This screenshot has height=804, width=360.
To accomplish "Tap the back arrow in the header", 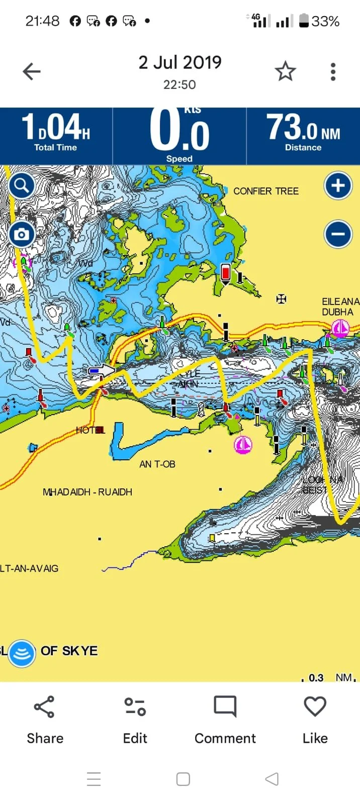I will click(31, 72).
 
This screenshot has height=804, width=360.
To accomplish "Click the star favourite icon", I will click(285, 72).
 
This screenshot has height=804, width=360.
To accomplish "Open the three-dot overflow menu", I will click(333, 72).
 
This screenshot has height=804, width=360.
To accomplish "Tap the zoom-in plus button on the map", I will click(338, 186).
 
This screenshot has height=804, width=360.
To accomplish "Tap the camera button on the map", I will click(22, 234).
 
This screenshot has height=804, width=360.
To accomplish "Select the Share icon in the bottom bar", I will click(44, 707).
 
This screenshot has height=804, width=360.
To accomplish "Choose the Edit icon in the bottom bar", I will click(135, 707).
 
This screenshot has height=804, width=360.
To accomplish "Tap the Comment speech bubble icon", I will click(225, 707).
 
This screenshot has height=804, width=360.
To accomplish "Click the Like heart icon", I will click(315, 707).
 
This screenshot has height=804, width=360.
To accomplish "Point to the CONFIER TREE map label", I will click(265, 191).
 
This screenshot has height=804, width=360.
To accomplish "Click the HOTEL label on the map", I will click(90, 430).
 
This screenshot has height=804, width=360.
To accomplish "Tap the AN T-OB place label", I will click(157, 464).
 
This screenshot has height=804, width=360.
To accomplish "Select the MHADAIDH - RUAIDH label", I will click(87, 492).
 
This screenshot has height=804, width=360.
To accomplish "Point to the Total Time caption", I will click(55, 148).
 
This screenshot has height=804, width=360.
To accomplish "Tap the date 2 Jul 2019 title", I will click(179, 63).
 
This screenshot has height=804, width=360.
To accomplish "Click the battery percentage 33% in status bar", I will click(325, 22).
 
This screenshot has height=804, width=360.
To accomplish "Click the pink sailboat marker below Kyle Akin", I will click(243, 445).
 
